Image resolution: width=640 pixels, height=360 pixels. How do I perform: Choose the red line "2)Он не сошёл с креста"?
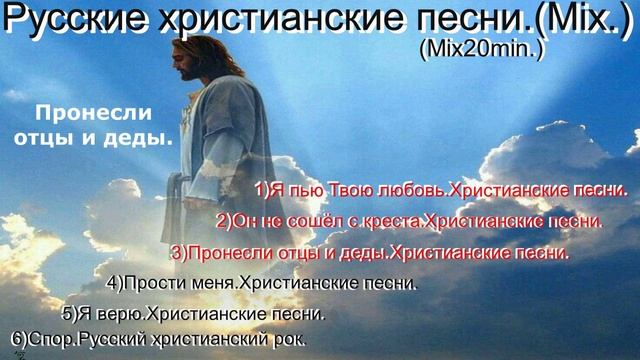tap(410, 220)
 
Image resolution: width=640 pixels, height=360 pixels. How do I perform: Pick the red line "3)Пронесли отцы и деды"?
tap(370, 252)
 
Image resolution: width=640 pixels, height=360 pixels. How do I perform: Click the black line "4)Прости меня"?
tap(260, 283)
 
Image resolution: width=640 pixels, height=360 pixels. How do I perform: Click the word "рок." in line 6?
tap(287, 339)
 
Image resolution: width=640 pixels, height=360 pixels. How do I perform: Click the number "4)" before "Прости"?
tap(114, 283)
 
